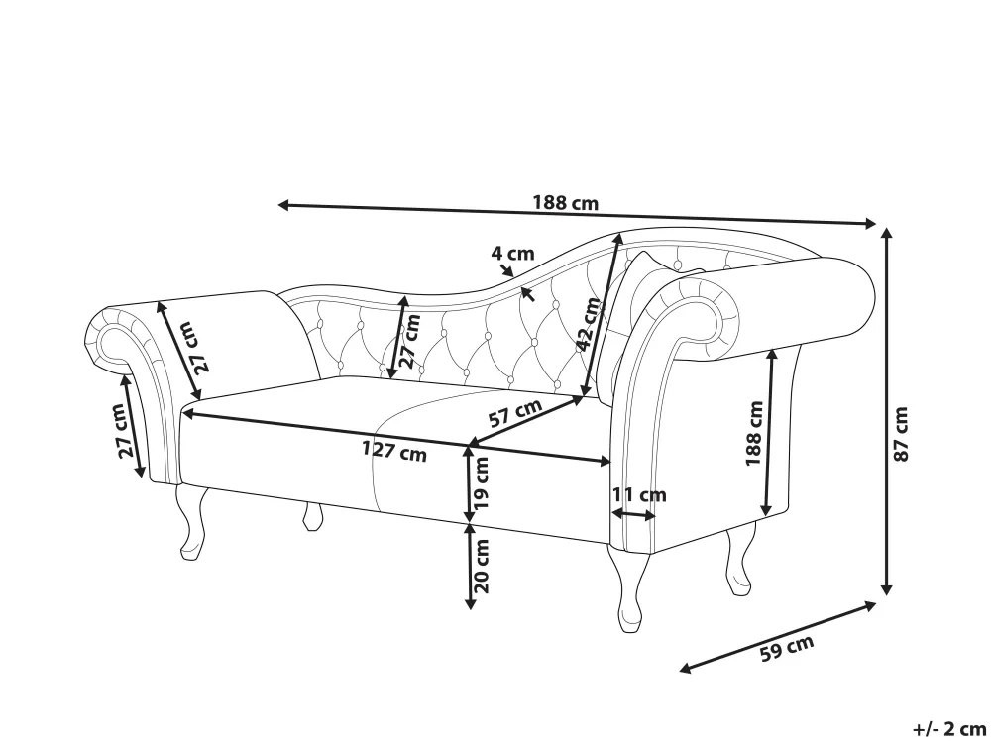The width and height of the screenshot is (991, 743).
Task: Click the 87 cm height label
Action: point(900,434)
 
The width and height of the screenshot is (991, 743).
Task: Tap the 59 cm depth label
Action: point(786,650)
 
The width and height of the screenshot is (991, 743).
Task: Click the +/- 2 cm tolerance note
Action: point(948,728)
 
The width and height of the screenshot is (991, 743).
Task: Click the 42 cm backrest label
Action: point(591,324)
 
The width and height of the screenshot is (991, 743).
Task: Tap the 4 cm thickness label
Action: point(512,253)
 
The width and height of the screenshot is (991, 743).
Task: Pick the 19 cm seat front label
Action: point(483,482)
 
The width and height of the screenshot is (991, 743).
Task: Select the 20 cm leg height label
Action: point(483,565)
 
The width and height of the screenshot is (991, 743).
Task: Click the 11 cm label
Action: point(639,494)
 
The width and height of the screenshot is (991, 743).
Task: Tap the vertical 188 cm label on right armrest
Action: point(754,433)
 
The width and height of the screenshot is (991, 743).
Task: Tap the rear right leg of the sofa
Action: point(737,563)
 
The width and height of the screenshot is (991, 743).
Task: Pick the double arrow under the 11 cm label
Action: point(634,514)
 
